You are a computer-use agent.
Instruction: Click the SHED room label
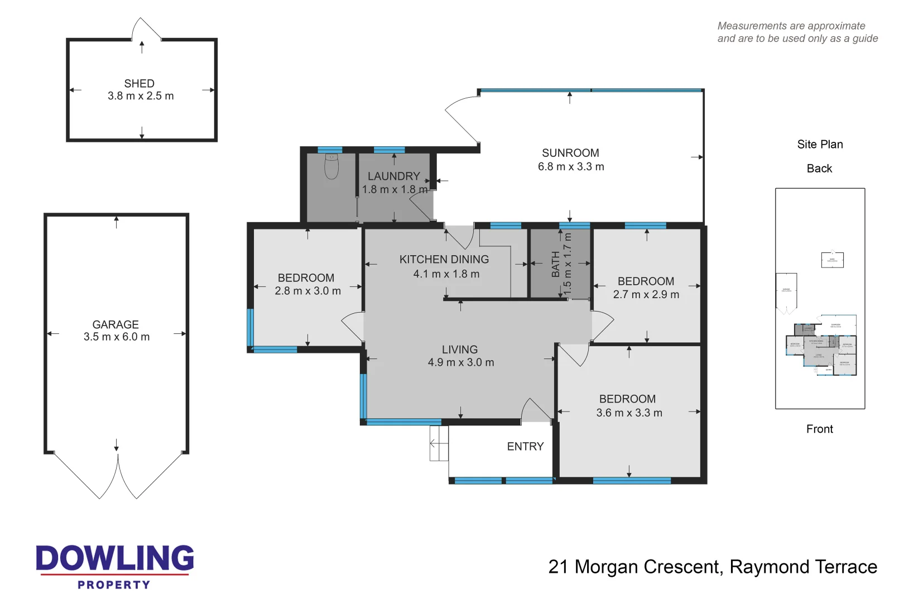(x=139, y=83)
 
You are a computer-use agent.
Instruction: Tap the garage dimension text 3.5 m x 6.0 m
(x=117, y=337)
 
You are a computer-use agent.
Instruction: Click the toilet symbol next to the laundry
(x=331, y=166)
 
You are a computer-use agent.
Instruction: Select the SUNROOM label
(x=570, y=153)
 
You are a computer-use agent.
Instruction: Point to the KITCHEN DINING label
(x=444, y=260)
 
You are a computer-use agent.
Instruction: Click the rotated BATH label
(x=556, y=264)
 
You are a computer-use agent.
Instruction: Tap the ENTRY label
(x=525, y=447)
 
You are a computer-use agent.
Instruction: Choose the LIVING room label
(x=460, y=350)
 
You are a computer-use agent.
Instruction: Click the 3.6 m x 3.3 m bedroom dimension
(x=629, y=413)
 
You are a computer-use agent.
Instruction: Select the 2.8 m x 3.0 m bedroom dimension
(x=307, y=291)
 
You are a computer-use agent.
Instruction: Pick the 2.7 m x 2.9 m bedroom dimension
(x=646, y=295)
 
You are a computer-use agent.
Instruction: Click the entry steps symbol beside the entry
(x=439, y=443)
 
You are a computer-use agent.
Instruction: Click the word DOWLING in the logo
(x=115, y=558)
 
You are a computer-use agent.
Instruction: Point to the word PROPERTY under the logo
(x=114, y=585)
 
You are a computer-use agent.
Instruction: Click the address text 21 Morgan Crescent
(x=635, y=567)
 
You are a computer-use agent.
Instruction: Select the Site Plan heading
(x=820, y=145)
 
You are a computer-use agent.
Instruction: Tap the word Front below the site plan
(x=819, y=429)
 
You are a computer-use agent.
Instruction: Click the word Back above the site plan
(x=819, y=169)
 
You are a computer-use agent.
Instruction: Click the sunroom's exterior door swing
(x=461, y=117)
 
